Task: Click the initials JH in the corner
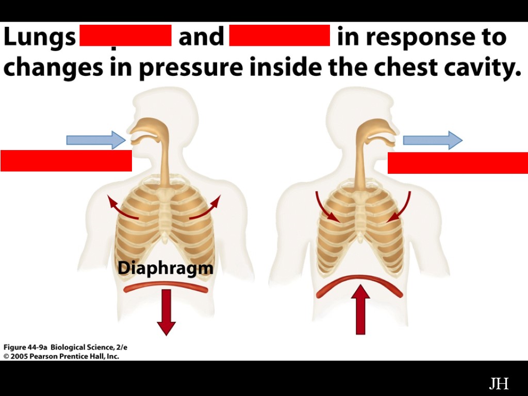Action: (x=499, y=384)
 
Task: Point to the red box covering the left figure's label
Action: (x=66, y=160)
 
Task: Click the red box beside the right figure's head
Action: (x=457, y=163)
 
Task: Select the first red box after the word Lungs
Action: (x=125, y=35)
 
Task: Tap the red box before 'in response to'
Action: (x=279, y=35)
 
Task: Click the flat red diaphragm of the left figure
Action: (x=166, y=287)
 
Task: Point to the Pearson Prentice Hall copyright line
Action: (x=61, y=356)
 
